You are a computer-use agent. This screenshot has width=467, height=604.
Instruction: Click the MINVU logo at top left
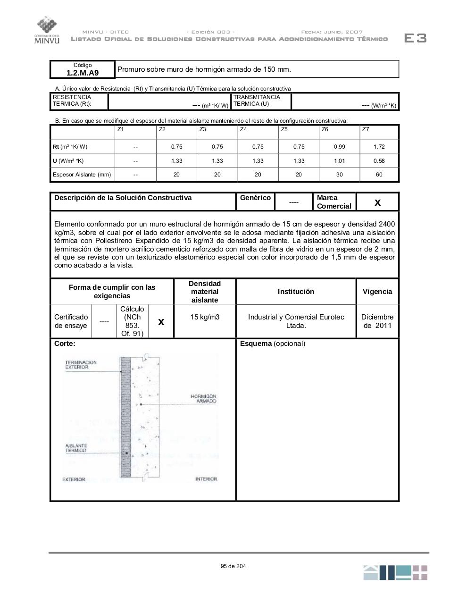click(x=47, y=30)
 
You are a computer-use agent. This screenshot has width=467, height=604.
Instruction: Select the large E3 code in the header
click(x=416, y=38)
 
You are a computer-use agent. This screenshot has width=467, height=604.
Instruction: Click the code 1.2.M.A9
click(x=83, y=73)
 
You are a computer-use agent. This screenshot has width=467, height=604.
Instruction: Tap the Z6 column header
click(x=325, y=129)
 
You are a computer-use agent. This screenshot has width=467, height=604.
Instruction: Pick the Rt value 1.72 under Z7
click(x=379, y=147)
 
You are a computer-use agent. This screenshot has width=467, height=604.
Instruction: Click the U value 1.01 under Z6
click(x=339, y=161)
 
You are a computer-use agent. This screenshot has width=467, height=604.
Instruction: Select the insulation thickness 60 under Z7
click(x=379, y=175)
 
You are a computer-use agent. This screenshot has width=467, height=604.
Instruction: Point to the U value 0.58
click(x=379, y=161)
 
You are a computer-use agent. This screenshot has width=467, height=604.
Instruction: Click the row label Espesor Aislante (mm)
click(x=82, y=175)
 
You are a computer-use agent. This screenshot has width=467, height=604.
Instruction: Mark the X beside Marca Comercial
click(x=377, y=202)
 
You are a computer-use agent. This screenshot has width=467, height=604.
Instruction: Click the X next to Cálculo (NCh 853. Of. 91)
click(x=161, y=322)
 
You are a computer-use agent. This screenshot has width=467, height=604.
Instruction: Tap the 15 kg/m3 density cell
click(x=205, y=317)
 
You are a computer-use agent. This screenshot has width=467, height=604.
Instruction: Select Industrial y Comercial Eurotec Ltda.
click(x=296, y=321)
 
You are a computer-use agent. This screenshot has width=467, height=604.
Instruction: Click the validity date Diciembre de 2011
click(x=377, y=321)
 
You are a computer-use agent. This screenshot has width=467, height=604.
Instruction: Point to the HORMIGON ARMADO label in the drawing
click(x=203, y=399)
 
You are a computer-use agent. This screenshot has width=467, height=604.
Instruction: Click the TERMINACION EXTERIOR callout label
click(x=81, y=365)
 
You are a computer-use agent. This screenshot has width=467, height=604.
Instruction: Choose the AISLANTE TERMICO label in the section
click(x=76, y=448)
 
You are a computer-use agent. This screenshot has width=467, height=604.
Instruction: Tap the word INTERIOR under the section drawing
click(x=206, y=479)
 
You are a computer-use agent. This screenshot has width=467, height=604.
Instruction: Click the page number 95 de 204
click(x=233, y=566)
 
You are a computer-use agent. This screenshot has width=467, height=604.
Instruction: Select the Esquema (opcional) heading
click(x=273, y=344)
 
